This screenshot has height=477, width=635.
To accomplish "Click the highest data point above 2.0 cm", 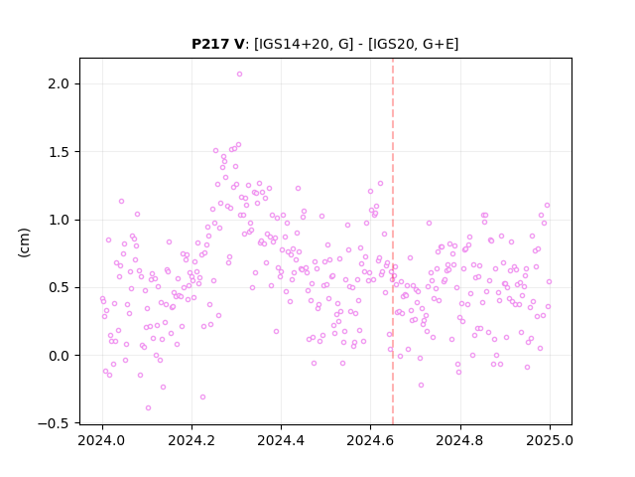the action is (x=239, y=75).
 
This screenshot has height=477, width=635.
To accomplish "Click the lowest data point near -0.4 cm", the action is (x=148, y=408).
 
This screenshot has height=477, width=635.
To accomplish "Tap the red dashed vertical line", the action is (x=393, y=241).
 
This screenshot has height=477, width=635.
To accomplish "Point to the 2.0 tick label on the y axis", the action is (x=59, y=83).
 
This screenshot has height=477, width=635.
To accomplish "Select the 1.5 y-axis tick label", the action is (x=59, y=152).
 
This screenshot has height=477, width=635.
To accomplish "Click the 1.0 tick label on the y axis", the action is (x=59, y=220).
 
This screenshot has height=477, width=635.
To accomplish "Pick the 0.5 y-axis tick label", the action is (x=59, y=287).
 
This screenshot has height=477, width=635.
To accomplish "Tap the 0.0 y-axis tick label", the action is (x=59, y=356).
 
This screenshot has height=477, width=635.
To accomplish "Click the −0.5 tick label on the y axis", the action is (x=54, y=423).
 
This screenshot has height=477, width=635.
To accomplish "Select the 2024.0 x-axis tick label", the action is (x=102, y=440).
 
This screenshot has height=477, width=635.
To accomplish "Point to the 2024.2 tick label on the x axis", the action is (x=191, y=440).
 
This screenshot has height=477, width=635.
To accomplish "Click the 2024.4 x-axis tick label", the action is (x=281, y=440).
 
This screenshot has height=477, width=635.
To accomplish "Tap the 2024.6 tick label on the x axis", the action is (x=370, y=440).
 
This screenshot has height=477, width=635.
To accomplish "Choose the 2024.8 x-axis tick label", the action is (x=460, y=440).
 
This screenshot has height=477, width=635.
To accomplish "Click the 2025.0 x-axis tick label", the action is (x=550, y=440).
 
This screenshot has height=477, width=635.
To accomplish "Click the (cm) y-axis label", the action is (x=24, y=242).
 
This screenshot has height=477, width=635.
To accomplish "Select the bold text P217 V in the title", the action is (x=218, y=44).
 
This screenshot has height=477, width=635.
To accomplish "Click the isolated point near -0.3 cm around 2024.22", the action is (x=202, y=397).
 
